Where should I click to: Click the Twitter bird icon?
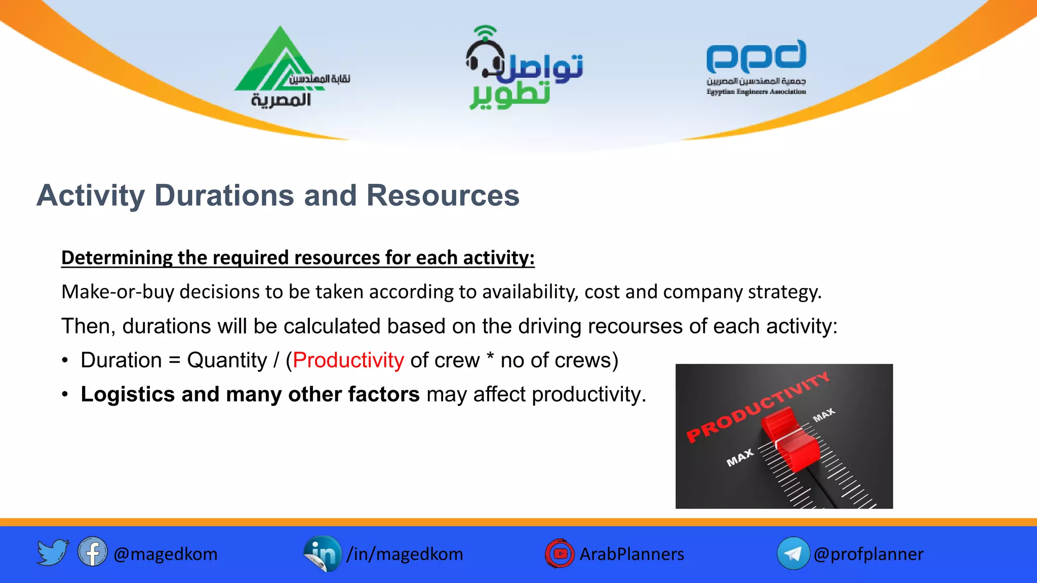[53, 553]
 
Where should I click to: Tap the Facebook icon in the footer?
[93, 552]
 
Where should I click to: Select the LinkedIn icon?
[323, 554]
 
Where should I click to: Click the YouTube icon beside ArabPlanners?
[560, 554]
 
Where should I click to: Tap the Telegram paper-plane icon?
[793, 554]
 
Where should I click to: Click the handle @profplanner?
[868, 554]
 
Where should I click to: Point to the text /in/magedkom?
[405, 554]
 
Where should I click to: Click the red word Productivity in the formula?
[348, 360]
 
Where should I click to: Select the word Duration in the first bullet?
[121, 360]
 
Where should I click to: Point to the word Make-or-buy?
[117, 292]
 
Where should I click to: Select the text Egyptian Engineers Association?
[756, 92]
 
